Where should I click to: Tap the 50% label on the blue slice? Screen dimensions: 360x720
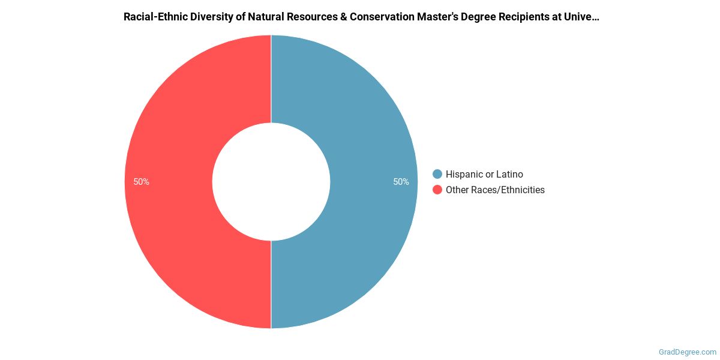pyautogui.click(x=401, y=182)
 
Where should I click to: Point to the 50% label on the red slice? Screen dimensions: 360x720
pyautogui.click(x=142, y=182)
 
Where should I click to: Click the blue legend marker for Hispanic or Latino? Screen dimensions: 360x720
pyautogui.click(x=437, y=174)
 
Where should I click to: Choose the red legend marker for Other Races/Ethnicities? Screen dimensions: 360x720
pyautogui.click(x=437, y=190)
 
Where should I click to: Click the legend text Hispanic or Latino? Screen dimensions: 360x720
pyautogui.click(x=484, y=174)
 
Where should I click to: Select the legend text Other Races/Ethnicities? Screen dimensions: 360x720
pyautogui.click(x=495, y=190)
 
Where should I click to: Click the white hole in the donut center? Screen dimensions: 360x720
pyautogui.click(x=271, y=182)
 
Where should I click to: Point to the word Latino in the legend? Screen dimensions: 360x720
pyautogui.click(x=509, y=174)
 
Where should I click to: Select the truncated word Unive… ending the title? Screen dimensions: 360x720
pyautogui.click(x=584, y=17)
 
